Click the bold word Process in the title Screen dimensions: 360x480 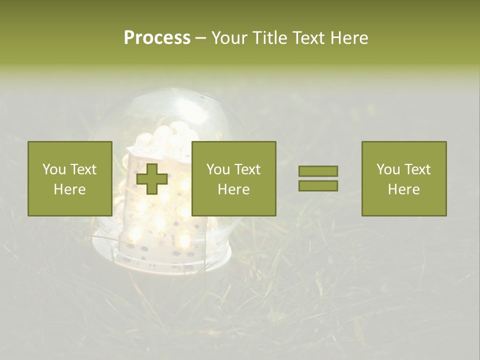157,38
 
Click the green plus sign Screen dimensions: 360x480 152,178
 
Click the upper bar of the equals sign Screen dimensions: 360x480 318,171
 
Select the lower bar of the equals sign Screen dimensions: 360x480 318,185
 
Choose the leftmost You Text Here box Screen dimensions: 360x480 70,178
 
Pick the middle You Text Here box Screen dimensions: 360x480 233,178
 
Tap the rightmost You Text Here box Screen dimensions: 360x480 403,178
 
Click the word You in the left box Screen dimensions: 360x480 54,169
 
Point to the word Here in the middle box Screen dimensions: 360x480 233,189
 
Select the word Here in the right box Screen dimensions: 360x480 403,189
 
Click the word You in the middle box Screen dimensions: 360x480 218,169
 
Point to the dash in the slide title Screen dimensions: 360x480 201,38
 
